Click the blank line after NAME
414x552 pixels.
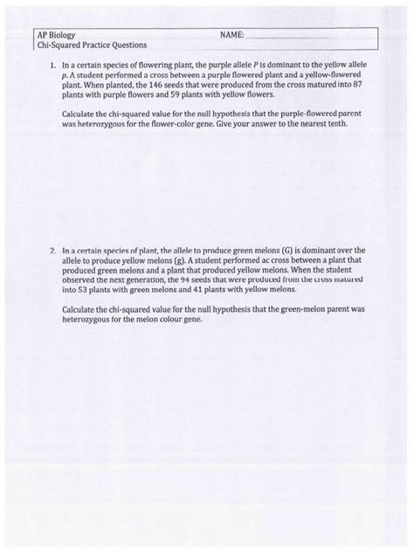(288, 35)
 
